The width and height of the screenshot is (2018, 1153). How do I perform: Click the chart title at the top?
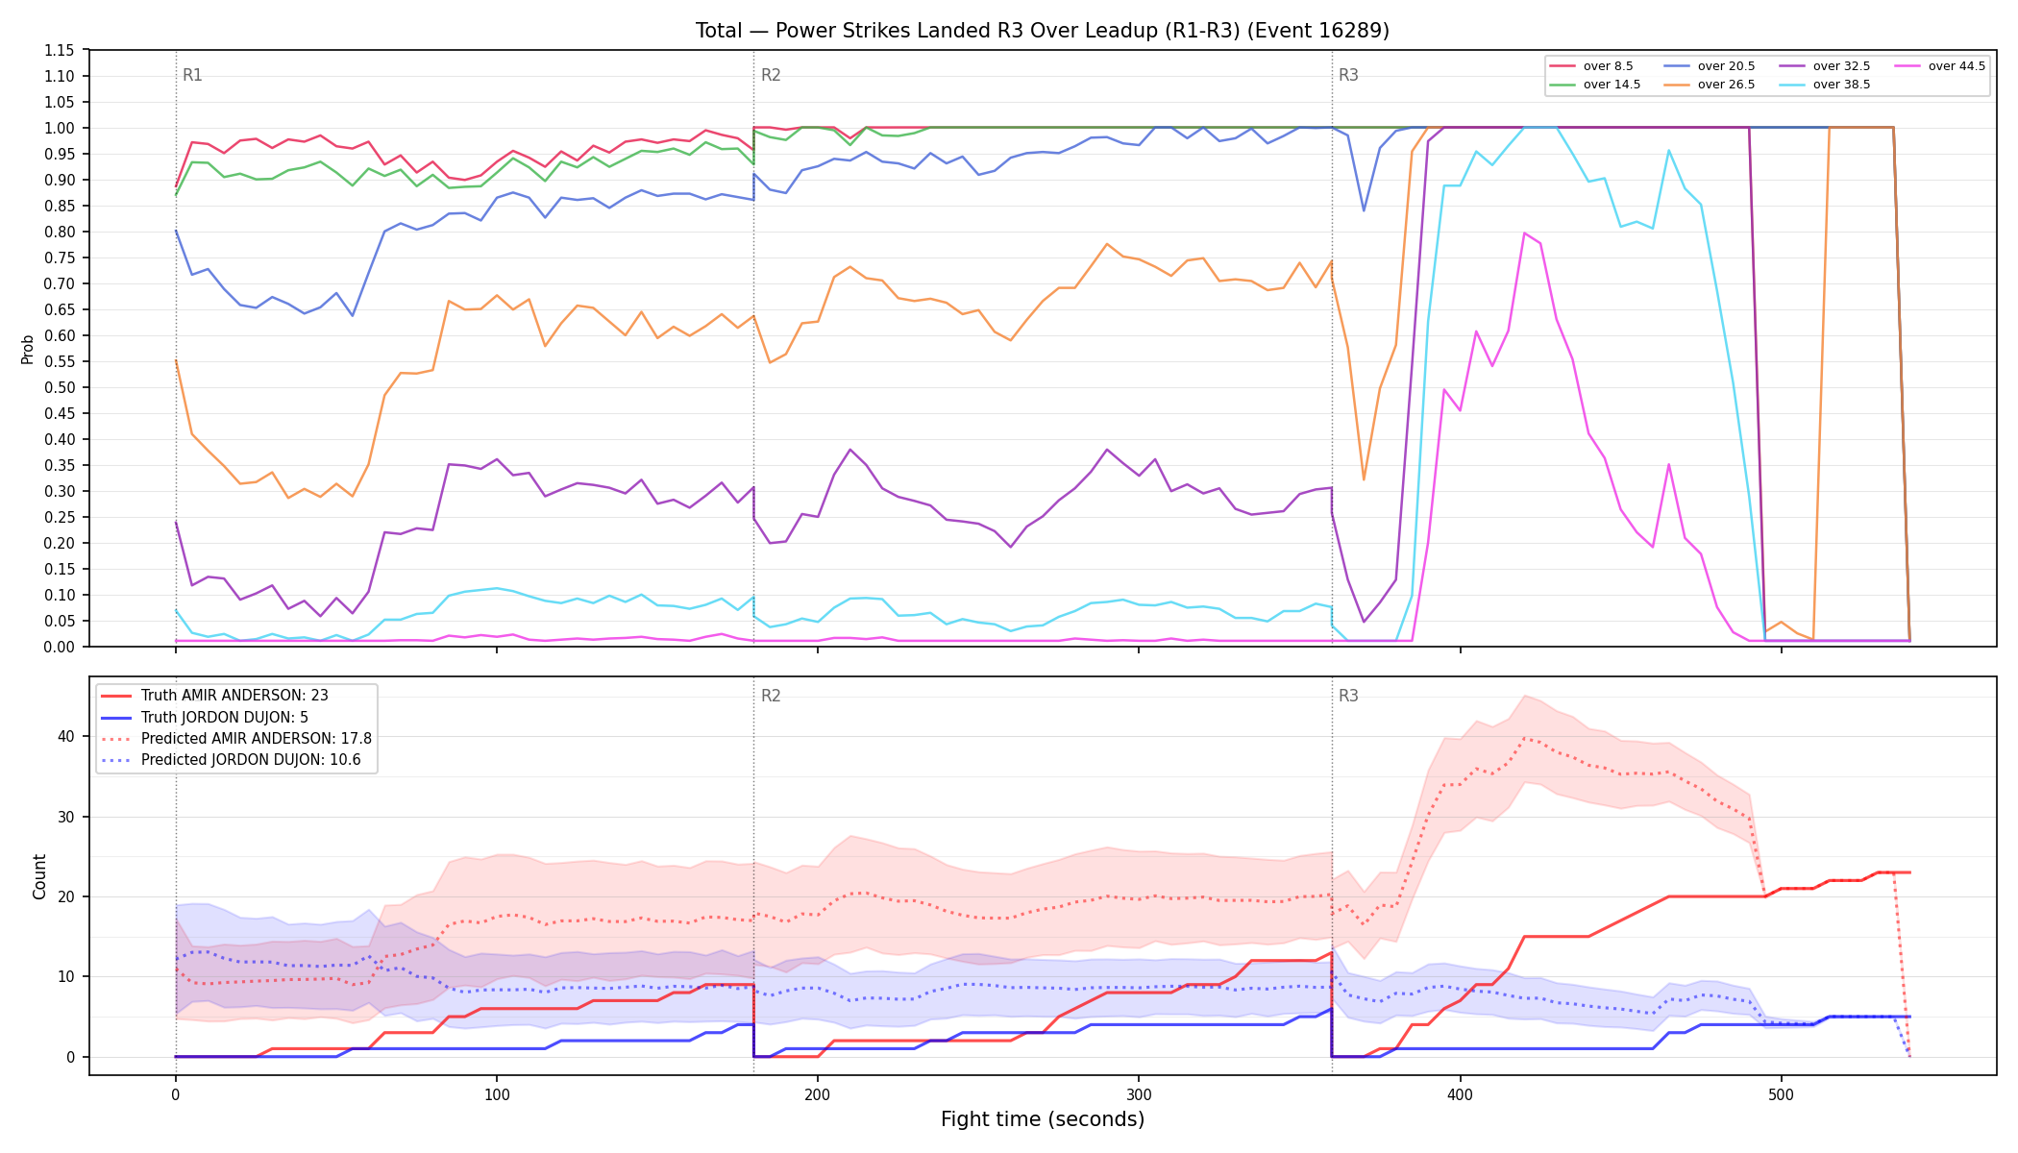point(1043,31)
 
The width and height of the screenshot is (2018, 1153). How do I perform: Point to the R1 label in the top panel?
point(192,75)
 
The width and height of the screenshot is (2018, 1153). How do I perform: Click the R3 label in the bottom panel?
point(1348,696)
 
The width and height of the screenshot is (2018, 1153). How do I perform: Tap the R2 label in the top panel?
point(771,75)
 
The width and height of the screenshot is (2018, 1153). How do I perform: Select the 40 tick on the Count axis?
point(66,737)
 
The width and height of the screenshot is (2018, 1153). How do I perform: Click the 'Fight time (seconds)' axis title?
point(1043,1119)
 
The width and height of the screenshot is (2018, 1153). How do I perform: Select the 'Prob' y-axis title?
point(28,349)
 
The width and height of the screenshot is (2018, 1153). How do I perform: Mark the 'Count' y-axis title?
point(39,876)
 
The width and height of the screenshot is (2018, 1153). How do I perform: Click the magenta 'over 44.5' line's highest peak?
point(1524,233)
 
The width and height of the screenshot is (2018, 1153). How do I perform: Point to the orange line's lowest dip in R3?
point(1364,479)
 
